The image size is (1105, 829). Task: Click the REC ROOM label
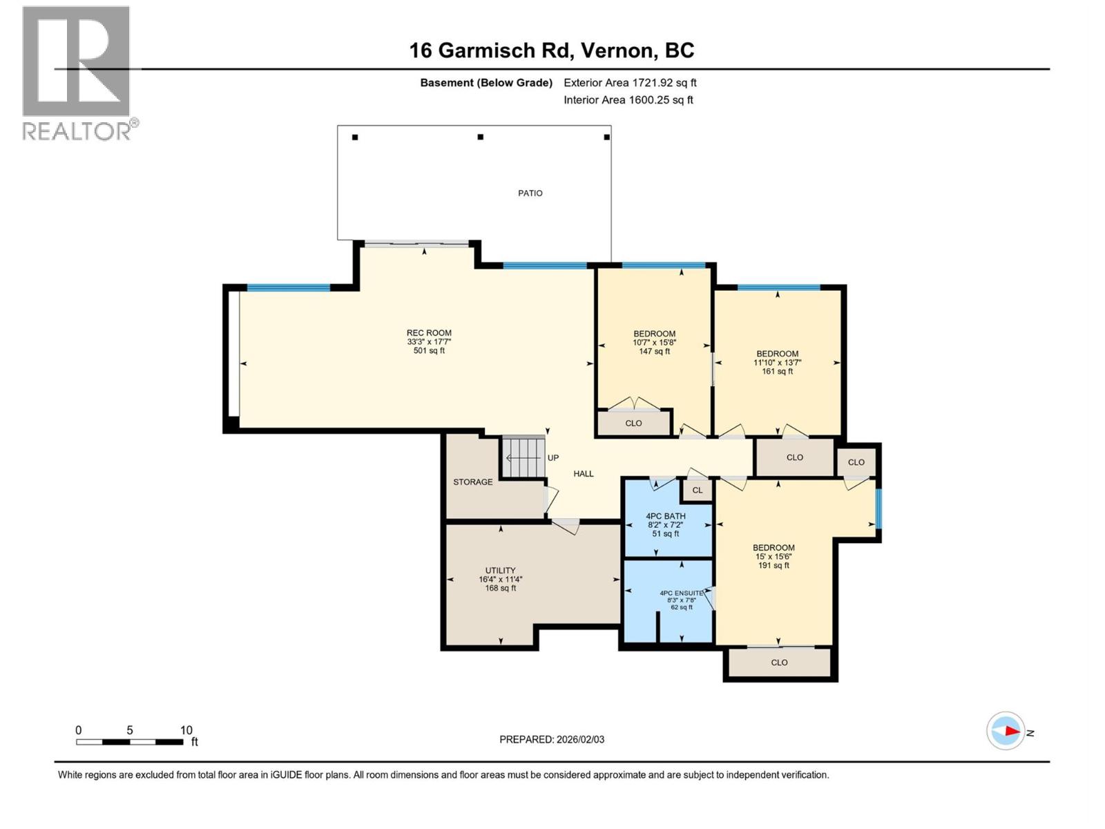click(429, 333)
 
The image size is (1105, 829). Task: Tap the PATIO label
click(530, 193)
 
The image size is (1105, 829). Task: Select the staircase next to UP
click(523, 457)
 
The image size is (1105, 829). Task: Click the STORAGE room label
click(473, 482)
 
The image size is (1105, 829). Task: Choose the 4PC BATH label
click(666, 516)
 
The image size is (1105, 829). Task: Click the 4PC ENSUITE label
click(681, 593)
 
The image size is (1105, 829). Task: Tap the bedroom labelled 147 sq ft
click(654, 343)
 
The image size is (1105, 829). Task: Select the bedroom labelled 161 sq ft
click(777, 363)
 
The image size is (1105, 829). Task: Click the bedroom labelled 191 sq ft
click(773, 556)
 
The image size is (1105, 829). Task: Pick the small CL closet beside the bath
click(698, 490)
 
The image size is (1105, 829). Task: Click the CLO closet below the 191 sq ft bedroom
click(779, 663)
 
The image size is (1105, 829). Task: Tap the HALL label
click(584, 474)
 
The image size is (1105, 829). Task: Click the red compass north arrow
click(1012, 731)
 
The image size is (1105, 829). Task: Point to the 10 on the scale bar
click(186, 730)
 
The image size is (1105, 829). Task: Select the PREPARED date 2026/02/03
click(579, 739)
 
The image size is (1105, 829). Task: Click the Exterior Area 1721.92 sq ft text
click(630, 83)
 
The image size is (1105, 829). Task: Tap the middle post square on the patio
click(481, 137)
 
